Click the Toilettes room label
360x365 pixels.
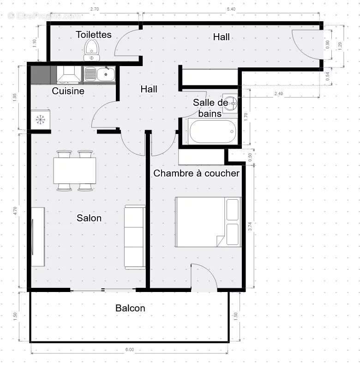click(94, 35)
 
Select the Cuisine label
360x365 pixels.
click(68, 91)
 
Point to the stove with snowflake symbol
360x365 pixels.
click(41, 120)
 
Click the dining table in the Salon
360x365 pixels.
click(75, 170)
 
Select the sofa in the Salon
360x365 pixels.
click(135, 237)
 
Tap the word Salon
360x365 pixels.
click(89, 218)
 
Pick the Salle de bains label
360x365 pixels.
click(210, 108)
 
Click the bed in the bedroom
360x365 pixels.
click(208, 222)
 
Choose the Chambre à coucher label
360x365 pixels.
click(196, 173)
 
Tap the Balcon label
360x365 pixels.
click(130, 308)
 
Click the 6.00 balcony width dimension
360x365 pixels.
click(129, 350)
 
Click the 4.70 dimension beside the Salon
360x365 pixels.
click(15, 211)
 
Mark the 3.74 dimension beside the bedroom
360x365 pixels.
click(250, 226)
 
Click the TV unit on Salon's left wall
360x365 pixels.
click(38, 237)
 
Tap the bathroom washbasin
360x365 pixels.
click(230, 104)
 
